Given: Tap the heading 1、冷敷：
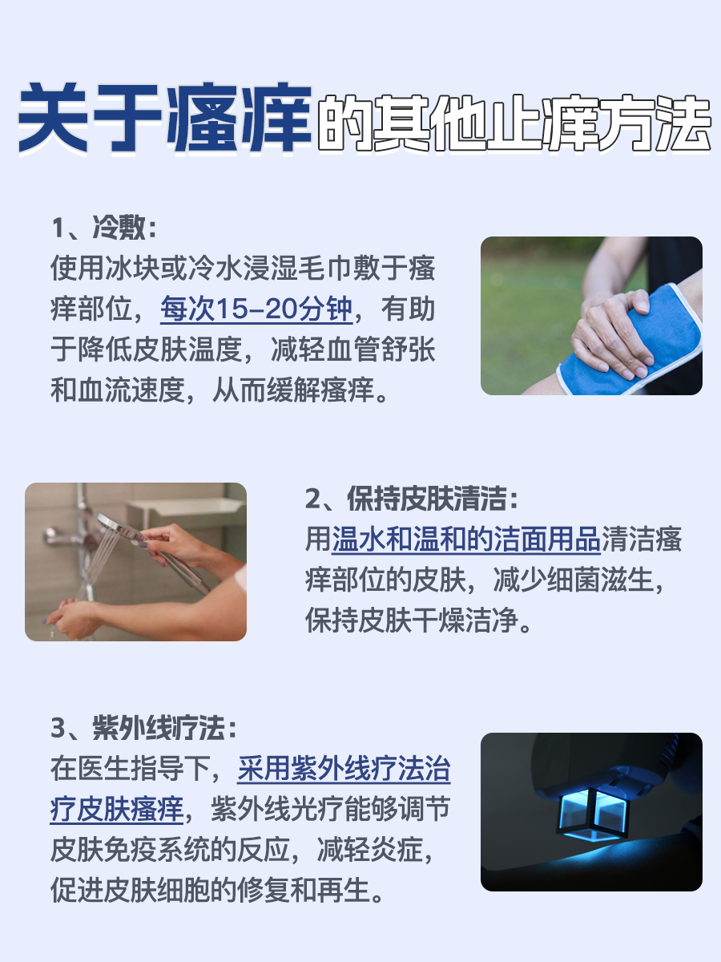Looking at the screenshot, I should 103,228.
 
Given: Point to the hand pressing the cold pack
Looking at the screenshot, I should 613,329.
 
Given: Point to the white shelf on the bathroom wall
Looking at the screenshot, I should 184,509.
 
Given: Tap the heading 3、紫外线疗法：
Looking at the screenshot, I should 144,729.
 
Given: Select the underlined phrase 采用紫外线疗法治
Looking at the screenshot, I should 344,770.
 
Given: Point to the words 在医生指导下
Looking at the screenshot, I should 131,770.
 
